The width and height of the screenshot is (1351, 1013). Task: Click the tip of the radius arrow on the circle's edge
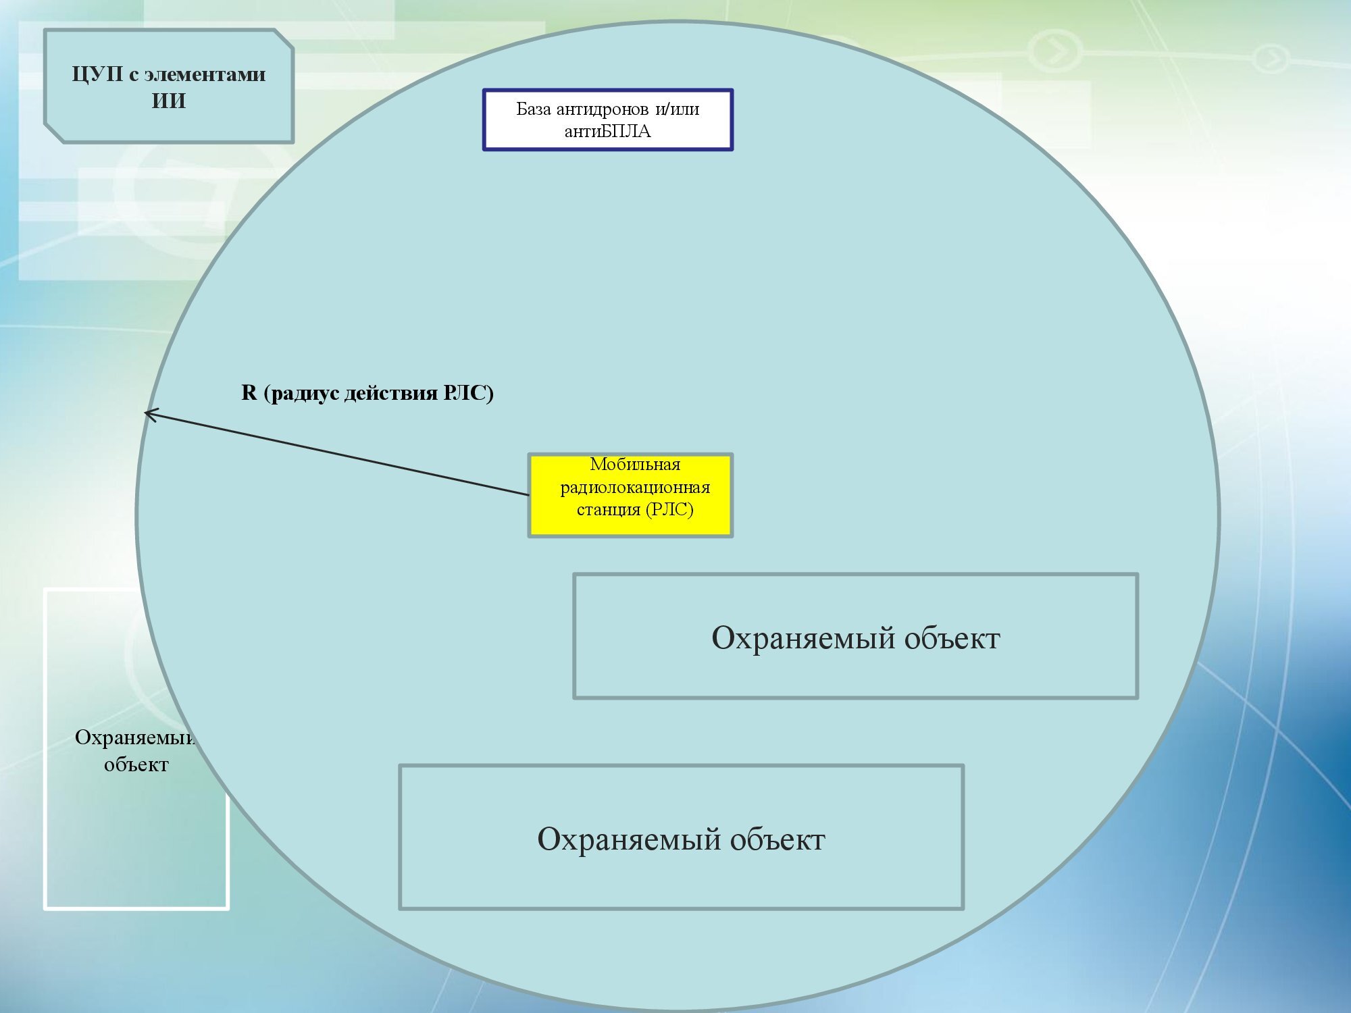click(x=145, y=412)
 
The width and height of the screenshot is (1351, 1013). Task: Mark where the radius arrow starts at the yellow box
click(x=529, y=495)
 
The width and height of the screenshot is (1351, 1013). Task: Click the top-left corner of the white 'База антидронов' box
click(x=484, y=90)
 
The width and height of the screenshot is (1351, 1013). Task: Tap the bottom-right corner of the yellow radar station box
click(x=732, y=537)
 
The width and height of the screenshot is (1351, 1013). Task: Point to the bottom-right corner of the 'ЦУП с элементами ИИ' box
click(x=293, y=142)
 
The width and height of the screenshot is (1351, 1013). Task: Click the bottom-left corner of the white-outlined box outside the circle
click(x=45, y=909)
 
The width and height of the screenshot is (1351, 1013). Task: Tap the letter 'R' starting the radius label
click(x=249, y=392)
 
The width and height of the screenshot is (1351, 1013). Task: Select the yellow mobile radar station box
click(x=630, y=496)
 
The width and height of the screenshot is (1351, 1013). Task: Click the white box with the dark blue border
click(x=608, y=120)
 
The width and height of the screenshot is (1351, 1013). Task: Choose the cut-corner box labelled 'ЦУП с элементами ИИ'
click(x=169, y=86)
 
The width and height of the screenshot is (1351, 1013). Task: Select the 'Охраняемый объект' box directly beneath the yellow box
click(x=856, y=636)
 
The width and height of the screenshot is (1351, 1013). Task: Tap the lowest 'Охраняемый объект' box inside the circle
click(x=682, y=837)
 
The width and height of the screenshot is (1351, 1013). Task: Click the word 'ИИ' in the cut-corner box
click(x=169, y=101)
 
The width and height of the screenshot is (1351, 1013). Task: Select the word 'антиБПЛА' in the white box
click(x=607, y=131)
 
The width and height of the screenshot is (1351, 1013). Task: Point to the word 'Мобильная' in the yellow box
click(x=635, y=464)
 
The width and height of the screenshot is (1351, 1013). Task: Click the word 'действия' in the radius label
click(x=391, y=393)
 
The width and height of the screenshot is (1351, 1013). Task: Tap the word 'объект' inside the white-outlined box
click(x=136, y=764)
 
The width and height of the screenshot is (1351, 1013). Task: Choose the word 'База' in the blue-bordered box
click(x=534, y=109)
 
